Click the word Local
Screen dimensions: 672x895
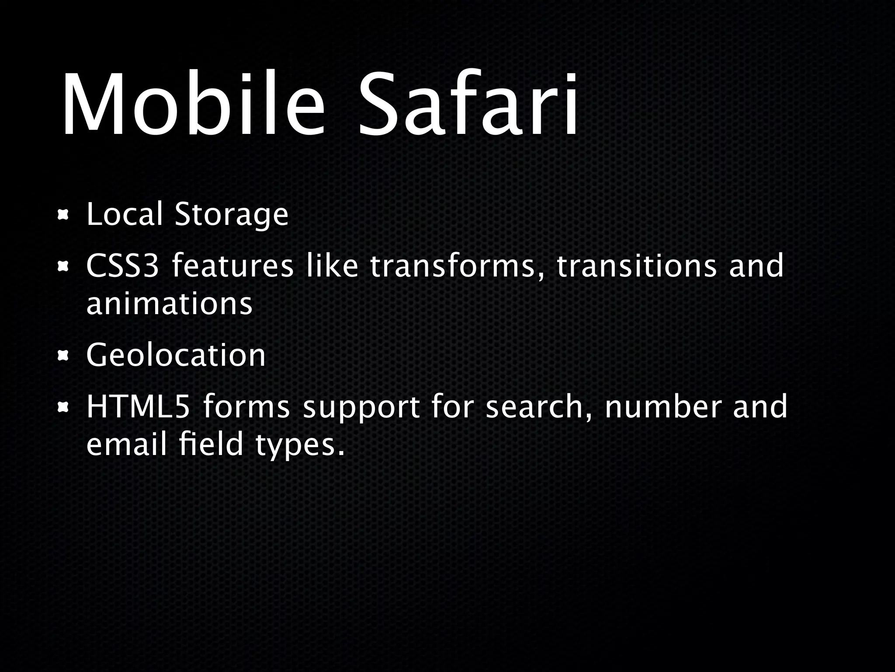125,214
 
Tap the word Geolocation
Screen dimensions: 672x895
176,356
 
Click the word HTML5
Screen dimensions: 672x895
138,407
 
